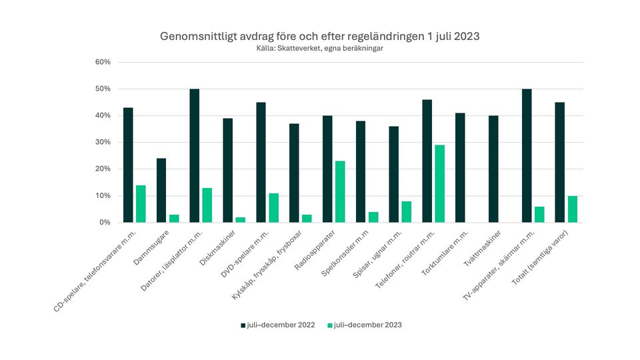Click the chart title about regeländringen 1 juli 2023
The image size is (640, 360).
[x=319, y=35]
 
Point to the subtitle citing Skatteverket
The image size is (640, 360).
[x=319, y=48]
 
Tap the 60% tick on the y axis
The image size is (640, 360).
[x=103, y=62]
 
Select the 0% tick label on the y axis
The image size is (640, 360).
[x=105, y=223]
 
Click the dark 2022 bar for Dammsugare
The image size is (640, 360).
[x=161, y=190]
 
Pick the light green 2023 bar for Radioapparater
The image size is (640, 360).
[x=340, y=191]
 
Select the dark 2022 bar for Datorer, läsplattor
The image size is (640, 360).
[x=195, y=155]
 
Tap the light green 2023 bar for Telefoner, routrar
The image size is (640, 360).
[x=440, y=183]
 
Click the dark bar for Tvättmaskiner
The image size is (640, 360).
[x=493, y=169]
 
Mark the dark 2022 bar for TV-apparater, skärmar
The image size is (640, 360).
[x=527, y=155]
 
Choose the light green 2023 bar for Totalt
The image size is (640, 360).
[x=572, y=209]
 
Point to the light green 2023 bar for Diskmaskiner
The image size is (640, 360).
[x=241, y=219]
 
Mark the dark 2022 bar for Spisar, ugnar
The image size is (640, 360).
[x=394, y=174]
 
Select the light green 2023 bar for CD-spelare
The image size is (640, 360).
[x=141, y=203]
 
